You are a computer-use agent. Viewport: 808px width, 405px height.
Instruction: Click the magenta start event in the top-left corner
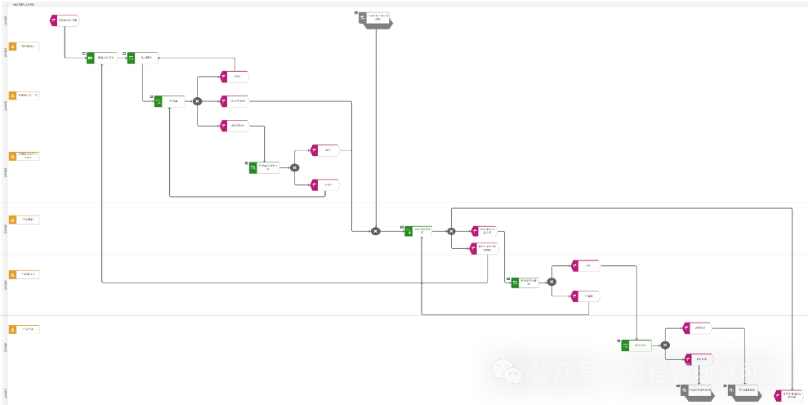65,20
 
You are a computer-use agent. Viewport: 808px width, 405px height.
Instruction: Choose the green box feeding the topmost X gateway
168,101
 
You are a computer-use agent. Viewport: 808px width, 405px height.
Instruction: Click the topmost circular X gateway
197,101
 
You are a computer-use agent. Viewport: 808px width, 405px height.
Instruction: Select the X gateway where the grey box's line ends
375,231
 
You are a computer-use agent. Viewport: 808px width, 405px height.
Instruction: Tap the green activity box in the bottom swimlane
636,345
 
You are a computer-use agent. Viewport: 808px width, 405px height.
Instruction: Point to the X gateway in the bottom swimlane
665,345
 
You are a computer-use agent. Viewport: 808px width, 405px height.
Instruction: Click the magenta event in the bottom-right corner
788,395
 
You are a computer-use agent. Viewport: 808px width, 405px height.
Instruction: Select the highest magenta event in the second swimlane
234,77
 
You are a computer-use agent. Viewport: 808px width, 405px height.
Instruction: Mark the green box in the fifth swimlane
525,282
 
